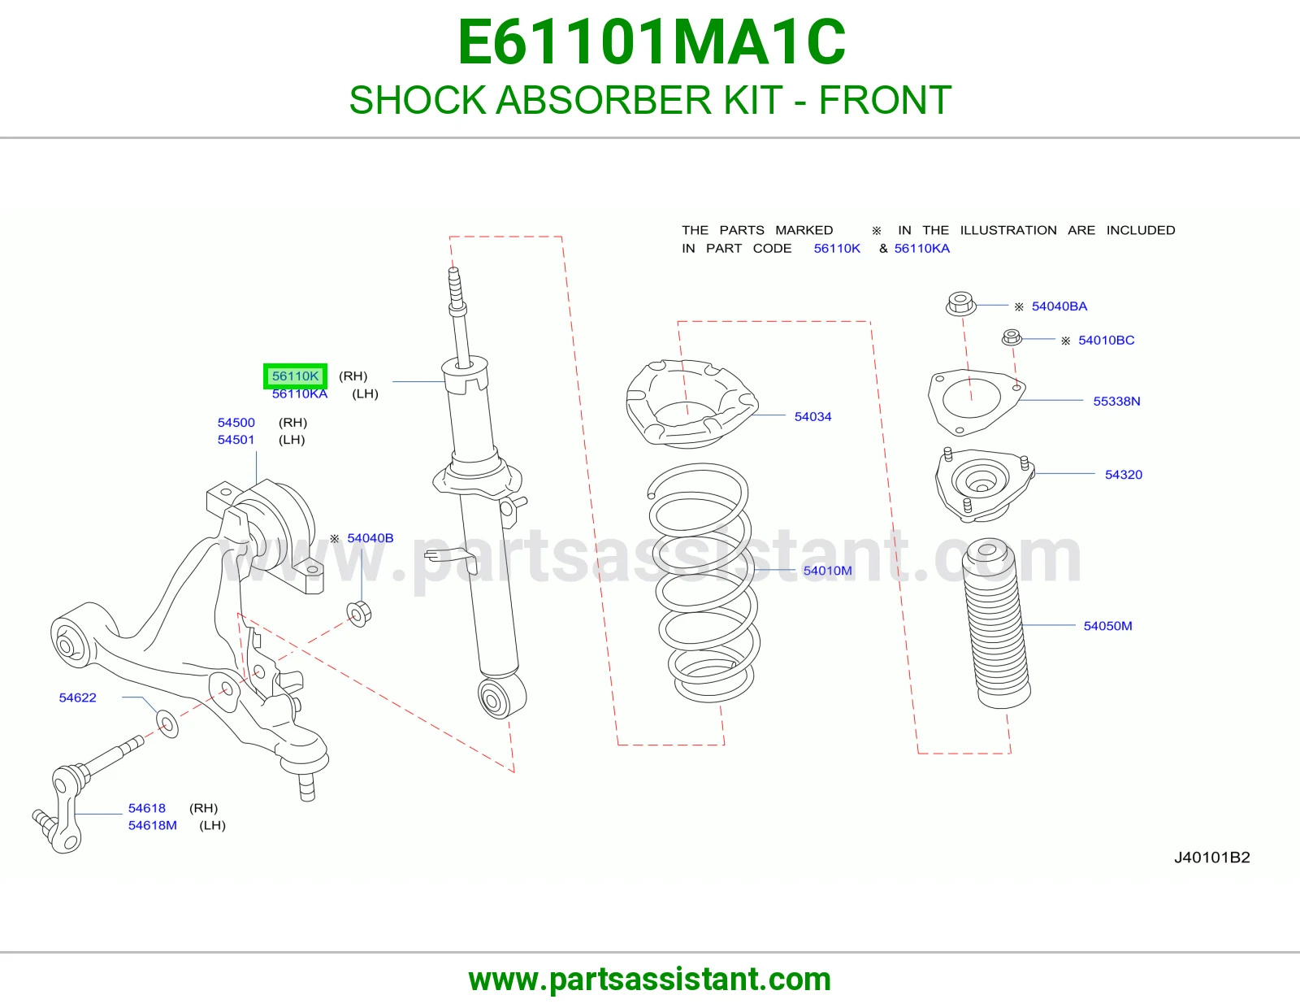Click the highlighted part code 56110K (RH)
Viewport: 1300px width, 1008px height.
[295, 376]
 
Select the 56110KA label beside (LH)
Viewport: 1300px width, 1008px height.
[300, 394]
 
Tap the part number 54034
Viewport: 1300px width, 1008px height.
[812, 416]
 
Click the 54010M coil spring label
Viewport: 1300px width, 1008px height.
[827, 571]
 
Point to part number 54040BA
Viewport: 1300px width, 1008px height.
[1059, 306]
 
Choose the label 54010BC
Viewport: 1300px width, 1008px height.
[1106, 341]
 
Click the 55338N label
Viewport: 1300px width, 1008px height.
[1116, 401]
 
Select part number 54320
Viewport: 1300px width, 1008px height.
[1123, 475]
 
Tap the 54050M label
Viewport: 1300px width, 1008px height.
[1107, 626]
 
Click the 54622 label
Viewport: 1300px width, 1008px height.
[78, 697]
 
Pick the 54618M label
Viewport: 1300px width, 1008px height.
[153, 825]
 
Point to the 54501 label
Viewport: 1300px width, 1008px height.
[236, 440]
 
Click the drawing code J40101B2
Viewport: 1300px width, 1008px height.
[1212, 857]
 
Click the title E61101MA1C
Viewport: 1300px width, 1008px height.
[651, 42]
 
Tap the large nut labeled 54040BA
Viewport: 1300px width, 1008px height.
[961, 303]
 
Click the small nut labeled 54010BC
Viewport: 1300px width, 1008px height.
[1012, 337]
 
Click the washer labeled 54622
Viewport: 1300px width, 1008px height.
[167, 724]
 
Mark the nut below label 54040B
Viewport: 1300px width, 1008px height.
[359, 613]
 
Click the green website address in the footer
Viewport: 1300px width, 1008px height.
[650, 980]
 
